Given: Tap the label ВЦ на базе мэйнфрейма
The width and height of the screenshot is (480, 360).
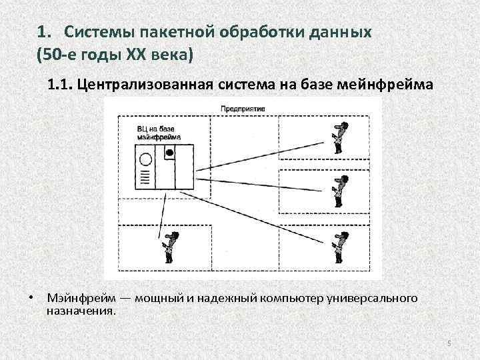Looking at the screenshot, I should coord(154,131).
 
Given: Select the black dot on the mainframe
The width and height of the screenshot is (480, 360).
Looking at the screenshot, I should coord(169,153).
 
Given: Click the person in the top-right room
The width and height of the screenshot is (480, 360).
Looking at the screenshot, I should coord(340,137).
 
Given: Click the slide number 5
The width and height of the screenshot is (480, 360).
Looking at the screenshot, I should coord(449,343).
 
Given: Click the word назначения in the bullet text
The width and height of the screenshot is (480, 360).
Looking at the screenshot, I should coord(81,311).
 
